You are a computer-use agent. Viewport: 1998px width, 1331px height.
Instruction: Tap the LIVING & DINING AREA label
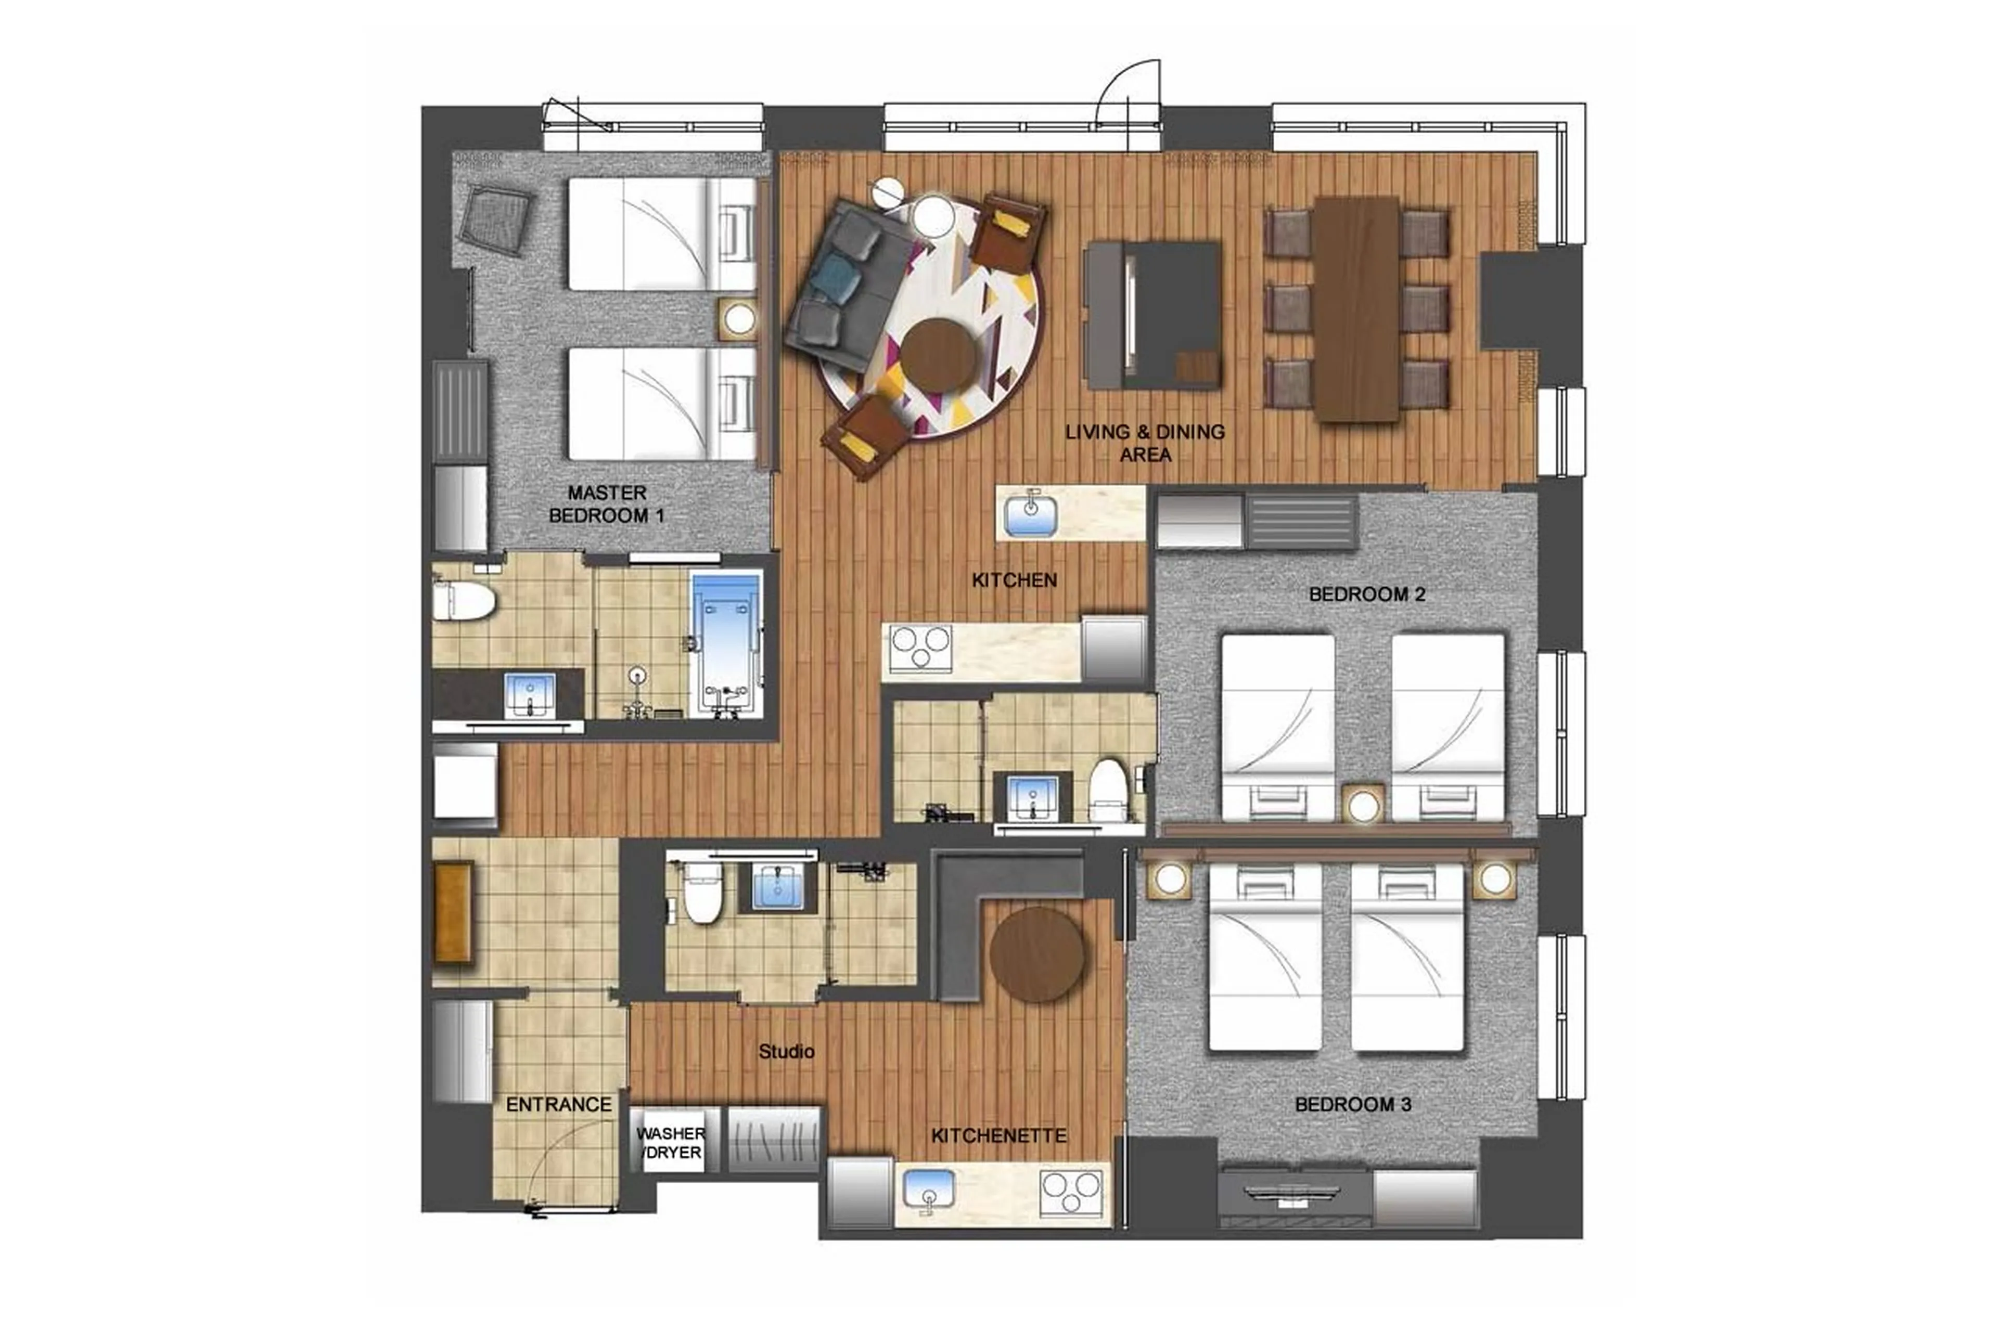coord(1145,442)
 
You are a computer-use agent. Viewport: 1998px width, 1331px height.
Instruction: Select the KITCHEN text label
coord(1014,580)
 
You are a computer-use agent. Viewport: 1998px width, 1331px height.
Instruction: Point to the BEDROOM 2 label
coord(1366,594)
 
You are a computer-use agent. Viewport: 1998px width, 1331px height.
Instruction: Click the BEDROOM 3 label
coord(1353,1104)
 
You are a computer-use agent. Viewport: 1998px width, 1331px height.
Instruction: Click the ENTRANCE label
coord(558,1104)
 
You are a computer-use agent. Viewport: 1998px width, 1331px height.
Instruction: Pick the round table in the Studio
coord(1037,955)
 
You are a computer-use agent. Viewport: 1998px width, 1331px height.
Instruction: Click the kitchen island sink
coord(1031,514)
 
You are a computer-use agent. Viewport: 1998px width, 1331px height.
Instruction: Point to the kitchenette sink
coord(928,1187)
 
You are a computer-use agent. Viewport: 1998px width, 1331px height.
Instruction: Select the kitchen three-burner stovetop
coord(919,647)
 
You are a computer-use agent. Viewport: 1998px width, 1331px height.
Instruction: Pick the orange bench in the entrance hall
coord(453,912)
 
